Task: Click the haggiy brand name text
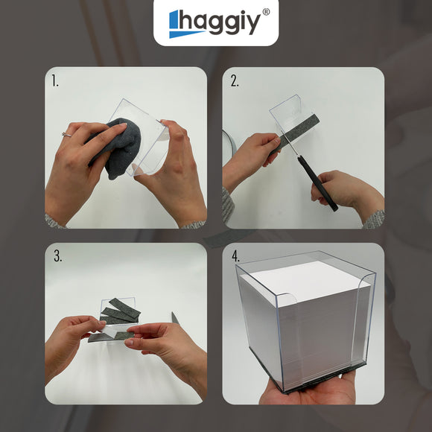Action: click(220, 22)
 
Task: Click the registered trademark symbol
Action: click(266, 12)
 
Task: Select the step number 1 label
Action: click(55, 81)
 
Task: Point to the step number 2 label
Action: click(235, 81)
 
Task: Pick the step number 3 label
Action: click(58, 256)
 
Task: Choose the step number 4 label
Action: click(236, 256)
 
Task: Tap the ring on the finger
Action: click(66, 135)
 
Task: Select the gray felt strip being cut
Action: click(294, 134)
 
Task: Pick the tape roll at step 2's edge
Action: click(229, 147)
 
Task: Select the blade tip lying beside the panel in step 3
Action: click(175, 318)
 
